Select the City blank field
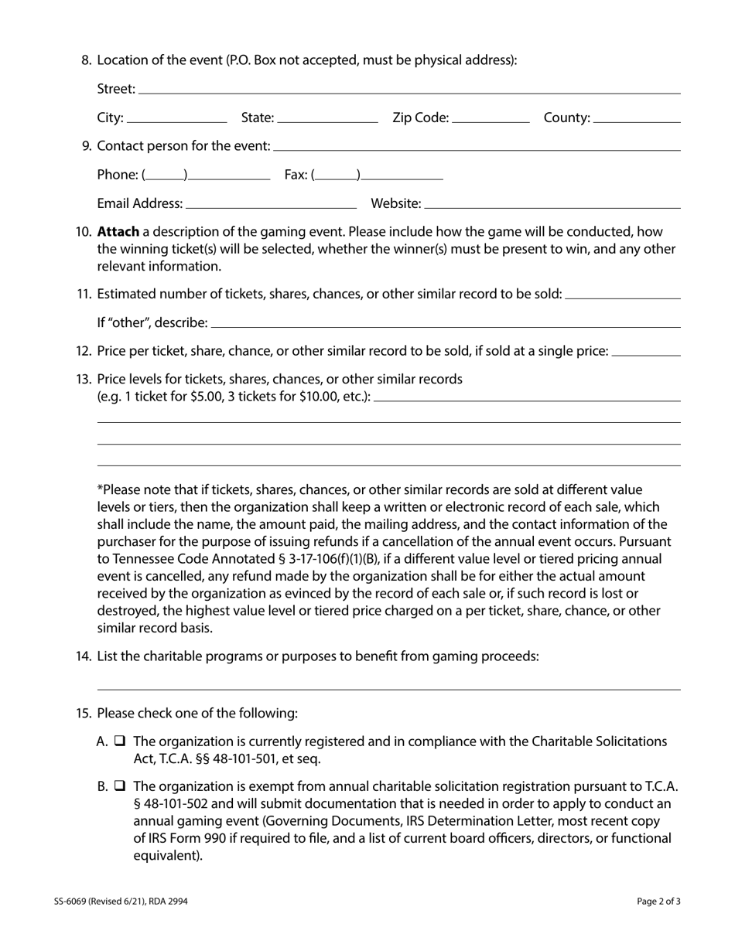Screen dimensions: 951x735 pos(176,119)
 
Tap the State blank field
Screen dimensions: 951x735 pos(327,119)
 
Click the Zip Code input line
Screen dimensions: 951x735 pos(491,119)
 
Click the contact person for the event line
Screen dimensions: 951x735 pos(477,147)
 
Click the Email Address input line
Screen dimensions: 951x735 pos(271,205)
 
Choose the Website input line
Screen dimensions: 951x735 pos(552,205)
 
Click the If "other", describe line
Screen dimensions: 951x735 pos(445,324)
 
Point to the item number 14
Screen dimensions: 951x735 pos(84,656)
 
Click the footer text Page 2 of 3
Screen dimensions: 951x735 pos(658,901)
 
